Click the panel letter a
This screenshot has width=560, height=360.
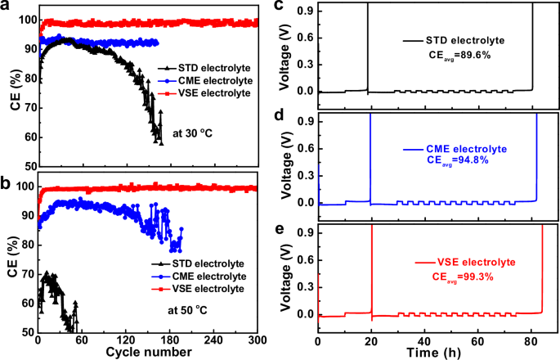click(7, 7)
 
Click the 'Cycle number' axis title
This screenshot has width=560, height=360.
click(149, 352)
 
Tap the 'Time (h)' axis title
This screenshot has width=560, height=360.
click(439, 353)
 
